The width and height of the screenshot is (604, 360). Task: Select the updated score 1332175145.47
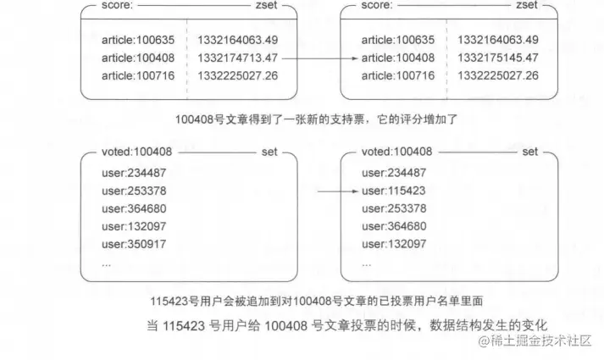(497, 58)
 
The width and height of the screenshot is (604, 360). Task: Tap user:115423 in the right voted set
(394, 191)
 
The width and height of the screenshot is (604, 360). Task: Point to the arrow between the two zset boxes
(315, 58)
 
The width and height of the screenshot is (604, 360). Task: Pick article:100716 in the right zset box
(398, 76)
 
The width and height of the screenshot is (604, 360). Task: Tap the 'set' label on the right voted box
(529, 152)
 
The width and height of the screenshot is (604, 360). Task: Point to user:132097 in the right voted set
(394, 244)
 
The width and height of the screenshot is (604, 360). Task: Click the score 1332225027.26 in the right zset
(497, 76)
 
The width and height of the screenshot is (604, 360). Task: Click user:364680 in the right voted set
(394, 226)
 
